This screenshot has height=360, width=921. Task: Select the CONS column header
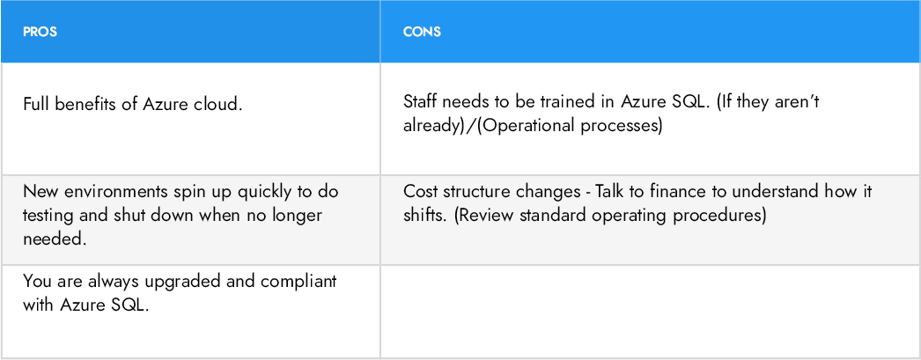pos(422,32)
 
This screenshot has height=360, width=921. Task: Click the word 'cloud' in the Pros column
pos(217,104)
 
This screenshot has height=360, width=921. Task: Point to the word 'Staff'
pos(421,103)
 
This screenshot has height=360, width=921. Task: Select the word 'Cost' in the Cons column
pos(420,192)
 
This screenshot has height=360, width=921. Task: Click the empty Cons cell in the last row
pos(649,310)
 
